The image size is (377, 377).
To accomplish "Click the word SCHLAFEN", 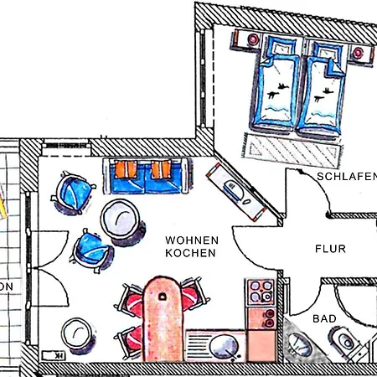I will (346, 177).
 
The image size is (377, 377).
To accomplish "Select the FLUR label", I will (330, 248).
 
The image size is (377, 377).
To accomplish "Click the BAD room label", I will (324, 319).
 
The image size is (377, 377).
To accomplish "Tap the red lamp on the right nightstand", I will (360, 53).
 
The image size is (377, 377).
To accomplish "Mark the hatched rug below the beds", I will (292, 151).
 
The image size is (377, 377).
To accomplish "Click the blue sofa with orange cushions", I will (148, 173).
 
